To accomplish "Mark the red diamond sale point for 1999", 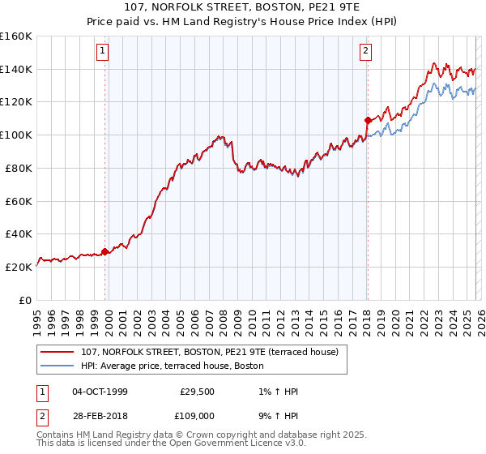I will (x=104, y=251).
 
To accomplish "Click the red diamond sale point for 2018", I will (x=367, y=121).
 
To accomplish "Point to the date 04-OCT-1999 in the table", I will (x=100, y=392).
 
